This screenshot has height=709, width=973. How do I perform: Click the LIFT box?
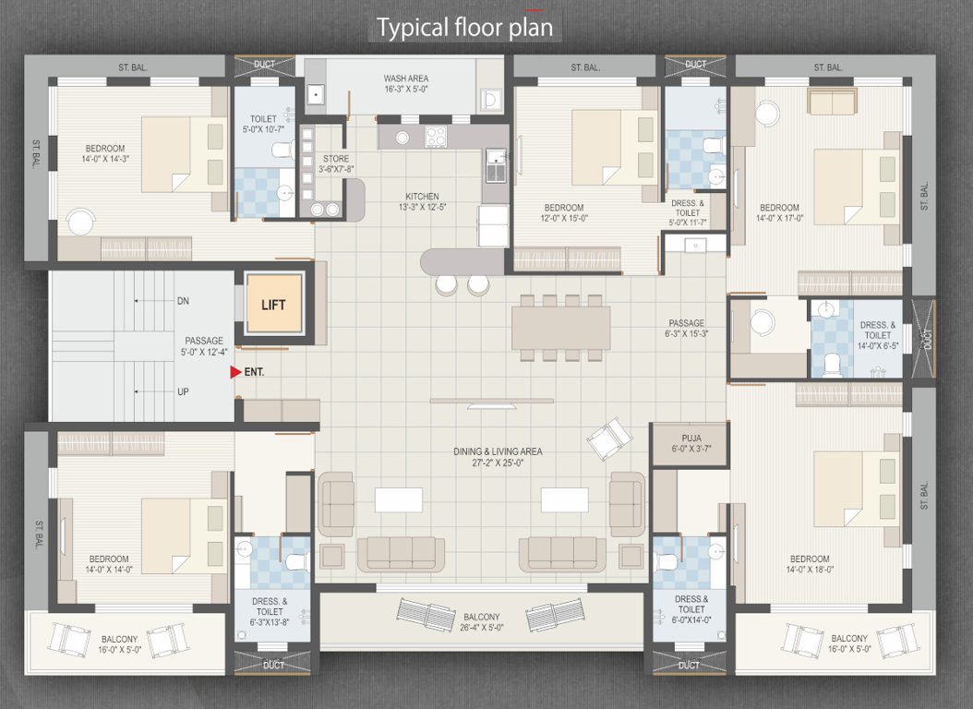click(274, 304)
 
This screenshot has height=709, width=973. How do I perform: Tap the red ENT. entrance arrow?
click(235, 372)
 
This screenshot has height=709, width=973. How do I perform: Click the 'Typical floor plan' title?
click(464, 28)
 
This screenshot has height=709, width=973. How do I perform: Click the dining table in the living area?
click(561, 327)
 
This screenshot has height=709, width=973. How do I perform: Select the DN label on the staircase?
click(183, 301)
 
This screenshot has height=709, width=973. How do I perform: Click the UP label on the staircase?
click(183, 391)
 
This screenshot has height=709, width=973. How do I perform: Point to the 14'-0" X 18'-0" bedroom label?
click(809, 564)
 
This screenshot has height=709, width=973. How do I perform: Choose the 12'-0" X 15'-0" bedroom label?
click(563, 213)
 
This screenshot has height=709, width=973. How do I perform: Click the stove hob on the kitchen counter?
click(436, 137)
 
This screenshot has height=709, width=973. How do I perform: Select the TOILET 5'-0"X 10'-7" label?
click(263, 124)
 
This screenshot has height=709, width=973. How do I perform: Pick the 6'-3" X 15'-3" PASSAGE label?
click(687, 329)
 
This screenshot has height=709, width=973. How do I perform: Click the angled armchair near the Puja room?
click(609, 439)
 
